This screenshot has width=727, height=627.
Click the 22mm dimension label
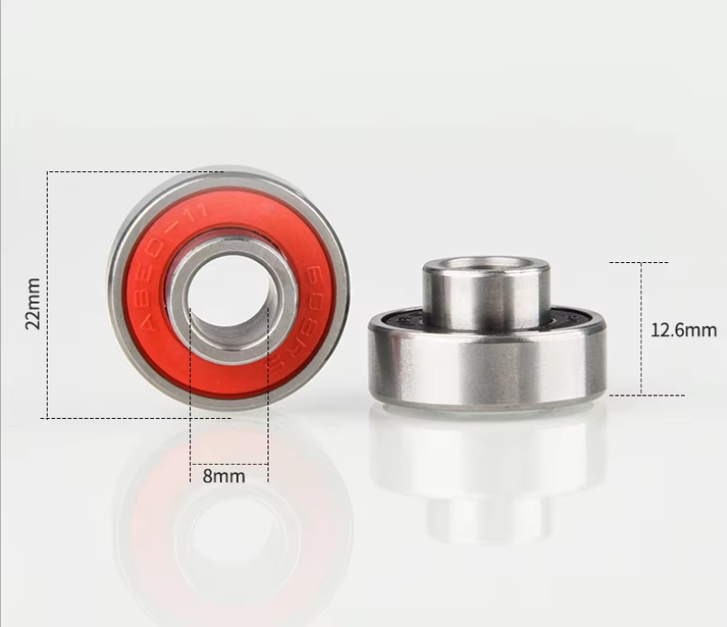[33, 303]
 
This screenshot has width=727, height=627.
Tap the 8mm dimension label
[223, 476]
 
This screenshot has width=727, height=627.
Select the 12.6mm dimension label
[683, 330]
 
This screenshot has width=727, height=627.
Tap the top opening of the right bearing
[486, 264]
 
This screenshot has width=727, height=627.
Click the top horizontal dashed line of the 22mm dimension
[135, 171]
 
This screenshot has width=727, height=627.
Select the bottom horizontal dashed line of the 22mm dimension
[135, 418]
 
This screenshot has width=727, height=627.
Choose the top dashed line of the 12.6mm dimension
[639, 262]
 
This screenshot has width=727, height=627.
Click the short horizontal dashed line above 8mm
[229, 464]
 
